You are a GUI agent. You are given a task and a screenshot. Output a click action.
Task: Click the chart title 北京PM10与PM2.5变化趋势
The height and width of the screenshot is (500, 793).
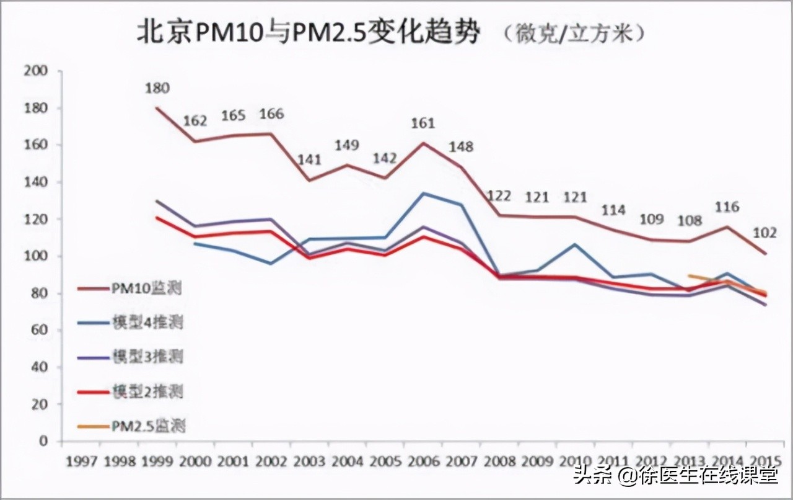(308, 34)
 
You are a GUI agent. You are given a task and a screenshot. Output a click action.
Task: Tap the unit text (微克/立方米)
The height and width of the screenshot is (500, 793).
(573, 35)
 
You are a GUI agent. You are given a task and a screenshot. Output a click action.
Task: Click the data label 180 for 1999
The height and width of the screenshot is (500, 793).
(156, 89)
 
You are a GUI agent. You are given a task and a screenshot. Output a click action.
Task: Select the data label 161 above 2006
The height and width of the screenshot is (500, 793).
(423, 123)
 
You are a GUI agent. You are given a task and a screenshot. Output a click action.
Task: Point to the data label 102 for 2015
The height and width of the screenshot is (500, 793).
(764, 234)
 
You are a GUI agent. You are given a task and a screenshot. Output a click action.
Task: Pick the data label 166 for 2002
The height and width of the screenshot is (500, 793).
(271, 114)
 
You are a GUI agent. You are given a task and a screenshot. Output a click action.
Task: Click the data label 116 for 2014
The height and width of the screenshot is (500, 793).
(727, 207)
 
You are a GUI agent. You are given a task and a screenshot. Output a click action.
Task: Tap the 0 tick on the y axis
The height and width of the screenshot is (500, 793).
(43, 441)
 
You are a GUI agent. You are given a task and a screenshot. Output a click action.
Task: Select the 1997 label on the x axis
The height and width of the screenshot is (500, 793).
(81, 462)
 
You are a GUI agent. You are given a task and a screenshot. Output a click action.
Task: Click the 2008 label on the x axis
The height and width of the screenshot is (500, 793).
(499, 462)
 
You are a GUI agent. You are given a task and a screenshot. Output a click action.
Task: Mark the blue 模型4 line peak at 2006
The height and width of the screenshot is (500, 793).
(423, 194)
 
